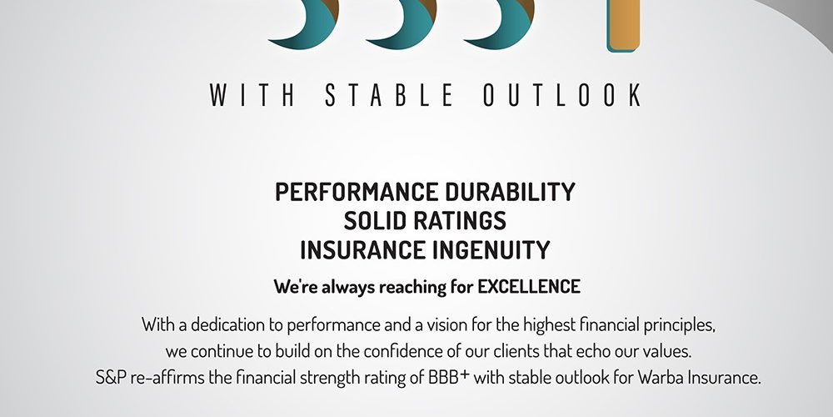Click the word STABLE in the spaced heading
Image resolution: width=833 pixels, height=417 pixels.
[389, 95]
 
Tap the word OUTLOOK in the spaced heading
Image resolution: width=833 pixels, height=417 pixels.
[562, 95]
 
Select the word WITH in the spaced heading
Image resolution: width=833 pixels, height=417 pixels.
[252, 95]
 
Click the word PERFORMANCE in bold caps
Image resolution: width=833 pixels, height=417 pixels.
[357, 192]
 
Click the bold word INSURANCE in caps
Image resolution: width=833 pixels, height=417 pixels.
[363, 250]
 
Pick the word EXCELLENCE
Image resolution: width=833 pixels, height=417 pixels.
[529, 287]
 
